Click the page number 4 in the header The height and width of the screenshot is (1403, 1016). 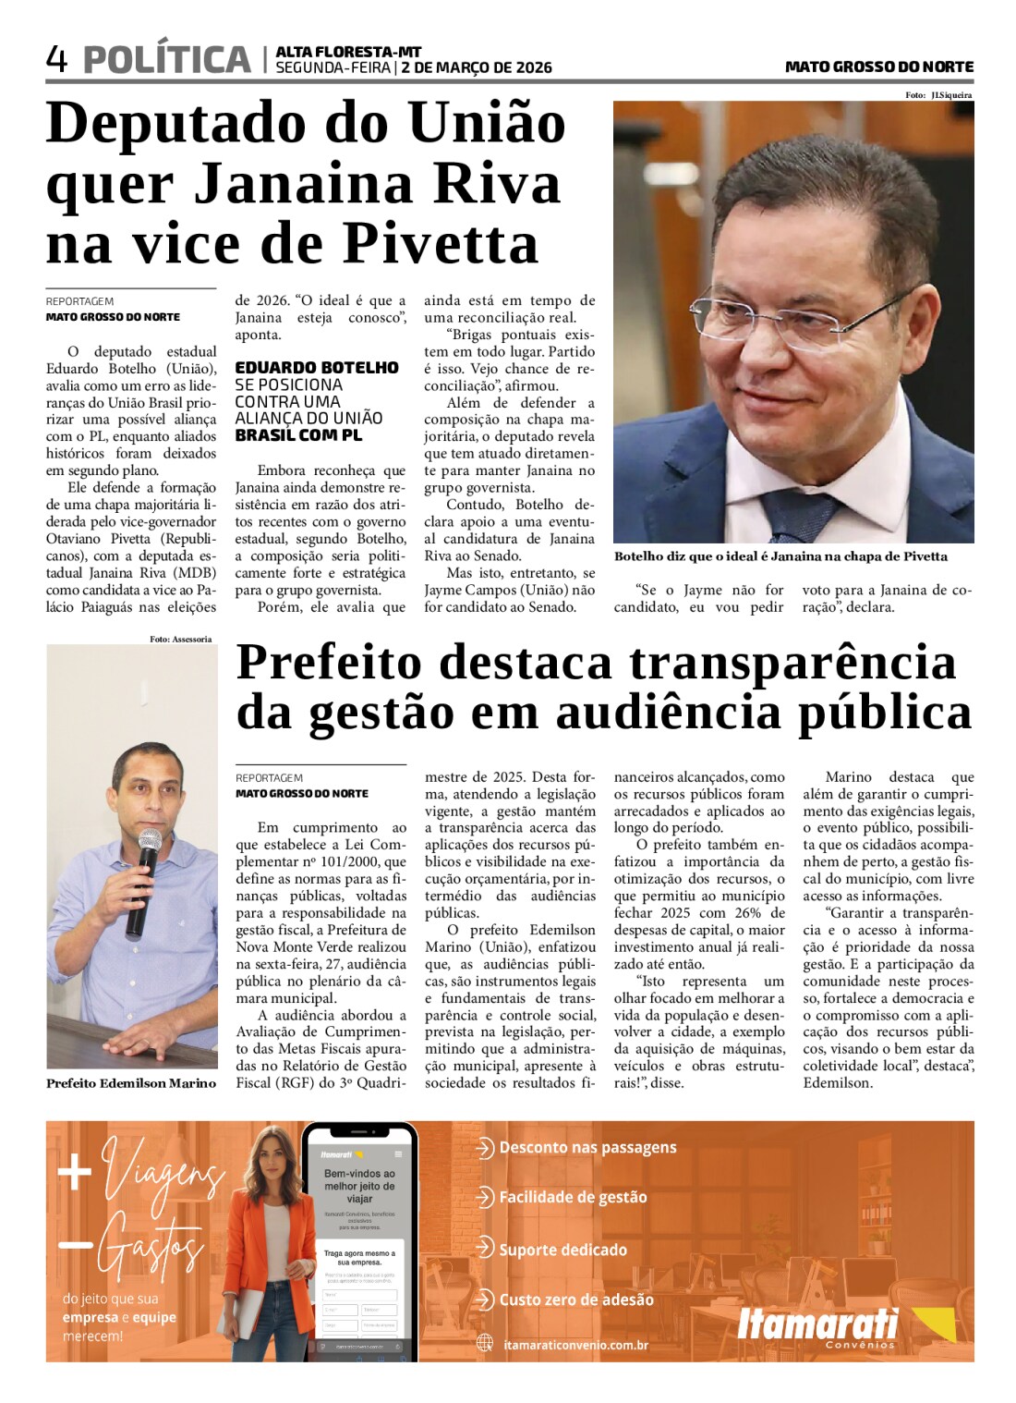pyautogui.click(x=56, y=60)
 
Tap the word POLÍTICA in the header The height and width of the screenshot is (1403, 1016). pyautogui.click(x=167, y=60)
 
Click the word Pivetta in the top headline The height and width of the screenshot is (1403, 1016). pyautogui.click(x=441, y=244)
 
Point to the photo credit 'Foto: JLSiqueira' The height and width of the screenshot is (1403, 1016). pyautogui.click(x=938, y=95)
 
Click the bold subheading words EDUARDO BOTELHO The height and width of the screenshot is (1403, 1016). pyautogui.click(x=317, y=368)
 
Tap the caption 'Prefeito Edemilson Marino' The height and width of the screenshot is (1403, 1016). pyautogui.click(x=131, y=1083)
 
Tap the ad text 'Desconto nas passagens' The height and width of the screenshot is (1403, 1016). pyautogui.click(x=587, y=1148)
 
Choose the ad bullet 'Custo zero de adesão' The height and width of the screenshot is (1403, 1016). pyautogui.click(x=576, y=1299)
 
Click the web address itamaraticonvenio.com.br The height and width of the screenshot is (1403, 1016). pyautogui.click(x=576, y=1345)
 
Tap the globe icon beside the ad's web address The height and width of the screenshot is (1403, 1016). pyautogui.click(x=485, y=1344)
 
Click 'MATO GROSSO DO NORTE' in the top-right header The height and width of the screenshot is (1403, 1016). pyautogui.click(x=879, y=67)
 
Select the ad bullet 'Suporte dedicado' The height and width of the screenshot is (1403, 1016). pyautogui.click(x=562, y=1250)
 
